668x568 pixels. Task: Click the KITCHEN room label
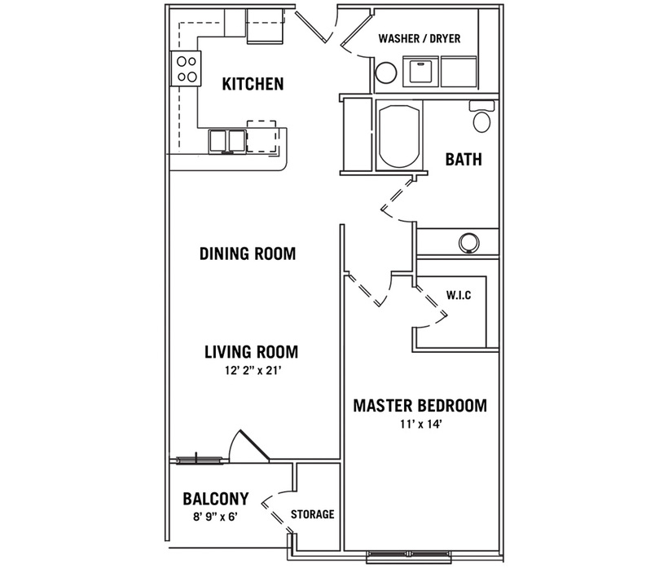click(253, 84)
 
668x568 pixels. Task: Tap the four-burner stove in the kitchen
click(185, 68)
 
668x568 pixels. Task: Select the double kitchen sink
click(226, 141)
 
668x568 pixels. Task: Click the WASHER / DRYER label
click(420, 38)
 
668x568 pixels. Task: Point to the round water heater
click(386, 73)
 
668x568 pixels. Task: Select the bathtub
click(399, 134)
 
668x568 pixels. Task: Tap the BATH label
click(464, 160)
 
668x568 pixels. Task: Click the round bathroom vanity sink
click(468, 243)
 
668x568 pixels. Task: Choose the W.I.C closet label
click(459, 295)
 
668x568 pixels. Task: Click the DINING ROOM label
click(248, 253)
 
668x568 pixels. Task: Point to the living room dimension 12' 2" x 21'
click(253, 371)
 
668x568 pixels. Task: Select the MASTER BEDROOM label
click(420, 406)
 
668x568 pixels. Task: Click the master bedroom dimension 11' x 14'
click(420, 425)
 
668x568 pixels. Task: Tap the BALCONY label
click(216, 499)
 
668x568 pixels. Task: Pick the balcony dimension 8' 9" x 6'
click(215, 517)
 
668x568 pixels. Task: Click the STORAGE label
click(313, 514)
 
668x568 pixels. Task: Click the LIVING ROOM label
click(252, 352)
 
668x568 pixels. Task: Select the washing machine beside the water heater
click(420, 71)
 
